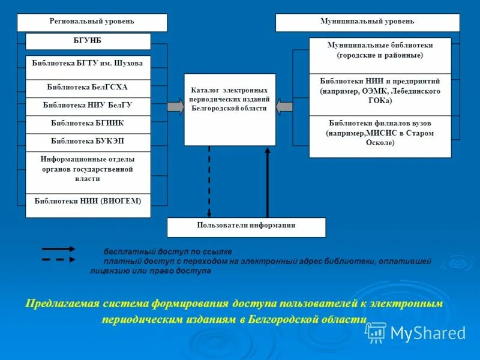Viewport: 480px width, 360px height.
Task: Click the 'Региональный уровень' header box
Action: point(92,22)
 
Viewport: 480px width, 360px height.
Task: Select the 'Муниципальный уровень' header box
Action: point(367,22)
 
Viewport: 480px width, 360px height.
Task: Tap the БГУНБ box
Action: point(88,41)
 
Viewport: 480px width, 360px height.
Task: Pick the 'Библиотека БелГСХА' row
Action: point(88,88)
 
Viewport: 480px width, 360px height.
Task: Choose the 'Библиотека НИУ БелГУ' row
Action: point(88,106)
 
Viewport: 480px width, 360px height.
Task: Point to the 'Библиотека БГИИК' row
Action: point(88,124)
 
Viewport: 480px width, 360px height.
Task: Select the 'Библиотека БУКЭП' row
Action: point(88,142)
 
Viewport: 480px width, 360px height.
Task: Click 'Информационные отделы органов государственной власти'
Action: point(88,169)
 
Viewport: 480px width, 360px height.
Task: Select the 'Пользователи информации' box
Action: point(246,227)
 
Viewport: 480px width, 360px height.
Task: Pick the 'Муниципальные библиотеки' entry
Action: point(380,50)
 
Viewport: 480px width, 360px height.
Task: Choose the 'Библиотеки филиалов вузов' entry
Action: point(380,133)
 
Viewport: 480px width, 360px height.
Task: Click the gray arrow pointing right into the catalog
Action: point(176,107)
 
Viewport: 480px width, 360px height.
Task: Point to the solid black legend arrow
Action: point(58,248)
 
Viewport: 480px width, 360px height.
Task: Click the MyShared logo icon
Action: point(376,332)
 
